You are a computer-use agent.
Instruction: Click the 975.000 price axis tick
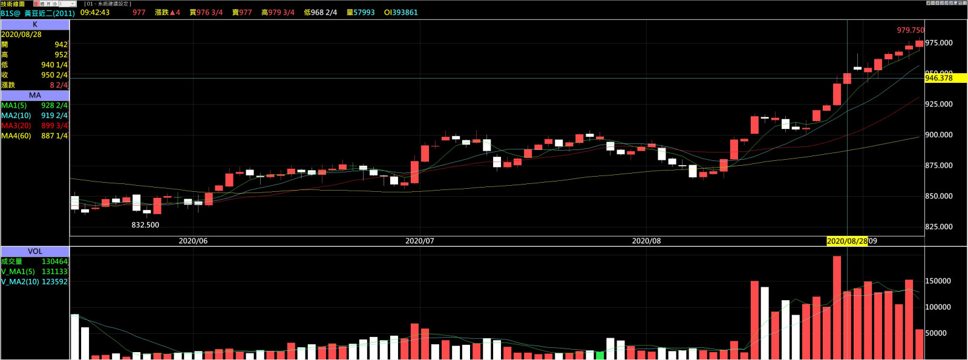pyautogui.click(x=938, y=43)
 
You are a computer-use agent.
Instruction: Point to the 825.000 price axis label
pyautogui.click(x=938, y=227)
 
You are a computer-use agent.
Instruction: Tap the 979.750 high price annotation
pyautogui.click(x=910, y=30)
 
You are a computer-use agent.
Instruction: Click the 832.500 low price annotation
pyautogui.click(x=145, y=225)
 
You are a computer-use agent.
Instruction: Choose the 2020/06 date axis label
pyautogui.click(x=193, y=241)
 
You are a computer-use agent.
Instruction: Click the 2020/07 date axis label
pyautogui.click(x=420, y=241)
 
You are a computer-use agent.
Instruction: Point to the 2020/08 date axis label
pyautogui.click(x=646, y=241)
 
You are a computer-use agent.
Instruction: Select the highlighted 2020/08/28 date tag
pyautogui.click(x=847, y=241)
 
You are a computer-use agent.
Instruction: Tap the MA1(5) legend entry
pyautogui.click(x=14, y=105)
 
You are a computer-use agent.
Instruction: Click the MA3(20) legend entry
pyautogui.click(x=16, y=126)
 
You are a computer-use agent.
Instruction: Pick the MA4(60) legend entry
pyautogui.click(x=16, y=136)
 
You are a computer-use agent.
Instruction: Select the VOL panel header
pyautogui.click(x=35, y=251)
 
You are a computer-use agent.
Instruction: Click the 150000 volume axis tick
pyautogui.click(x=938, y=281)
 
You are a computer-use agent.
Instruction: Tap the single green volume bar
pyautogui.click(x=600, y=355)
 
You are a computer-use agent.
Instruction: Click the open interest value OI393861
pyautogui.click(x=401, y=13)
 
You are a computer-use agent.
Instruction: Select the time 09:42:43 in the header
pyautogui.click(x=95, y=13)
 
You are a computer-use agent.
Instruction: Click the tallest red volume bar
pyautogui.click(x=837, y=307)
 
